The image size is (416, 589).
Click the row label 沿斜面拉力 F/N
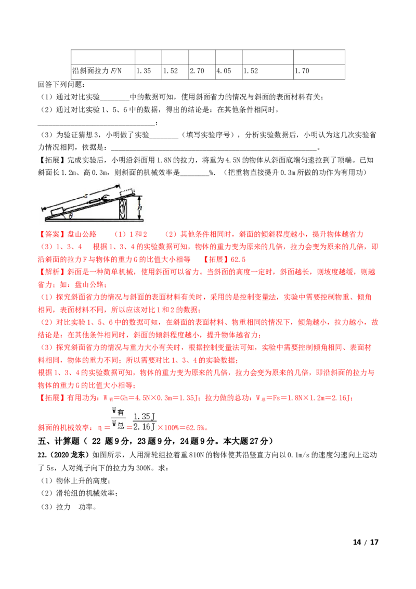(x=97, y=71)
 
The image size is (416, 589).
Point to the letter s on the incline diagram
(x=86, y=196)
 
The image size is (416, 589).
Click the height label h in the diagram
(x=140, y=208)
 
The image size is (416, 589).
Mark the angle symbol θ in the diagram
(x=71, y=215)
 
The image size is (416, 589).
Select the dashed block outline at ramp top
(x=126, y=191)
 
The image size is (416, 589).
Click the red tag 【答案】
(x=52, y=234)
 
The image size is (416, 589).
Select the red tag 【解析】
(x=52, y=272)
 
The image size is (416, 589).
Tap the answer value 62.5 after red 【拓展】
(x=238, y=260)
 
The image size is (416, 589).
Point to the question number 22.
(x=42, y=455)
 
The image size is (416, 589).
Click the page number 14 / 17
(x=366, y=542)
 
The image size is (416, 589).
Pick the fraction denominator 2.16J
(x=144, y=427)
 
